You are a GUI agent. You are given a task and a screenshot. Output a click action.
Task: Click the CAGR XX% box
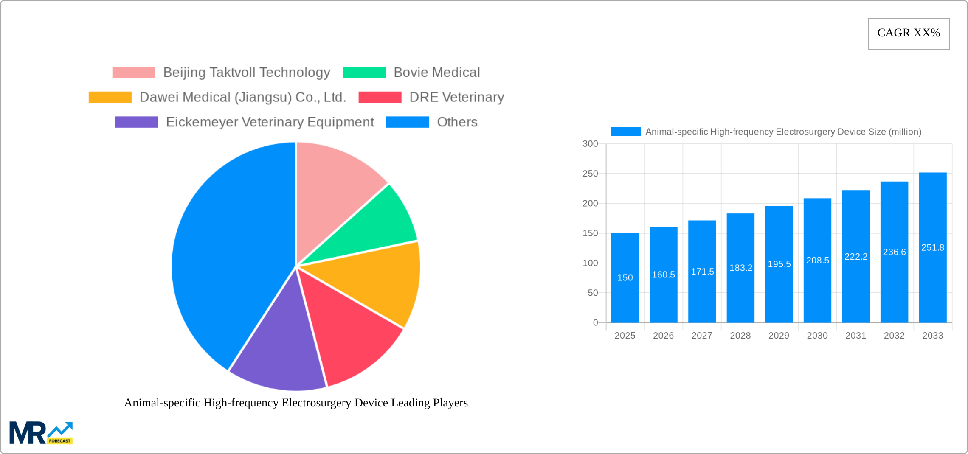(909, 34)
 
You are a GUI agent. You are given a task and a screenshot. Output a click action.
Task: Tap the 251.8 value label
(933, 247)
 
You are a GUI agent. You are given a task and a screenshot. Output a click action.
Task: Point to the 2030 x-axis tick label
(817, 336)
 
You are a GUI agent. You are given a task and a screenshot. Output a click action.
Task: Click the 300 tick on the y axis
(590, 144)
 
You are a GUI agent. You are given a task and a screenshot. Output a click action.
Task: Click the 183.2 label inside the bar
(741, 268)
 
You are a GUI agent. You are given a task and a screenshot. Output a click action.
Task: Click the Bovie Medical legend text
(436, 73)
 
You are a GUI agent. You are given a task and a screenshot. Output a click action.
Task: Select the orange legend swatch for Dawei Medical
(110, 97)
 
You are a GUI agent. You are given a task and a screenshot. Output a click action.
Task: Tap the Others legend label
(457, 122)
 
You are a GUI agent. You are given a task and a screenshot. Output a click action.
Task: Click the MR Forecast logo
(41, 433)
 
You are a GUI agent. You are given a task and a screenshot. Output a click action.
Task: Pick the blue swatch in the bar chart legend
(625, 132)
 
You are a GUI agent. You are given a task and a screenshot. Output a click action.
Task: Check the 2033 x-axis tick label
(933, 336)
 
